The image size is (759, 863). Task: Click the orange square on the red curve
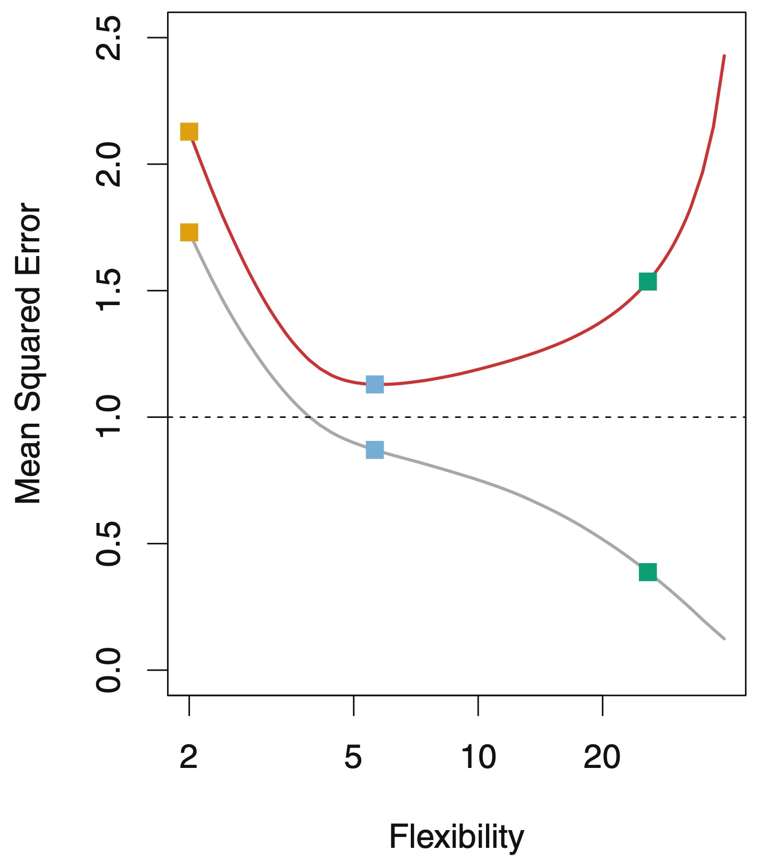189,132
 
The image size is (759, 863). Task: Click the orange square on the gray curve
189,232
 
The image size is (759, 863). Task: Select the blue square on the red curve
375,384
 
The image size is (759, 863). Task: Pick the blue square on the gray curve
375,449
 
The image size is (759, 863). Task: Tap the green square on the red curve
647,282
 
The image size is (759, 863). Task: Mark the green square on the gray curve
648,572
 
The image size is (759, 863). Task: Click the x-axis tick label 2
189,757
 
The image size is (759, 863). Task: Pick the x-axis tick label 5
353,757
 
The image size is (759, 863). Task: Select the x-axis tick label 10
478,757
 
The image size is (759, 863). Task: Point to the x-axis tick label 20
602,757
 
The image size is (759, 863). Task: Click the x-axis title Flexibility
456,837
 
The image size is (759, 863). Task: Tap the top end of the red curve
724,56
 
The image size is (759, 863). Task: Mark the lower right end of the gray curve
724,638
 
